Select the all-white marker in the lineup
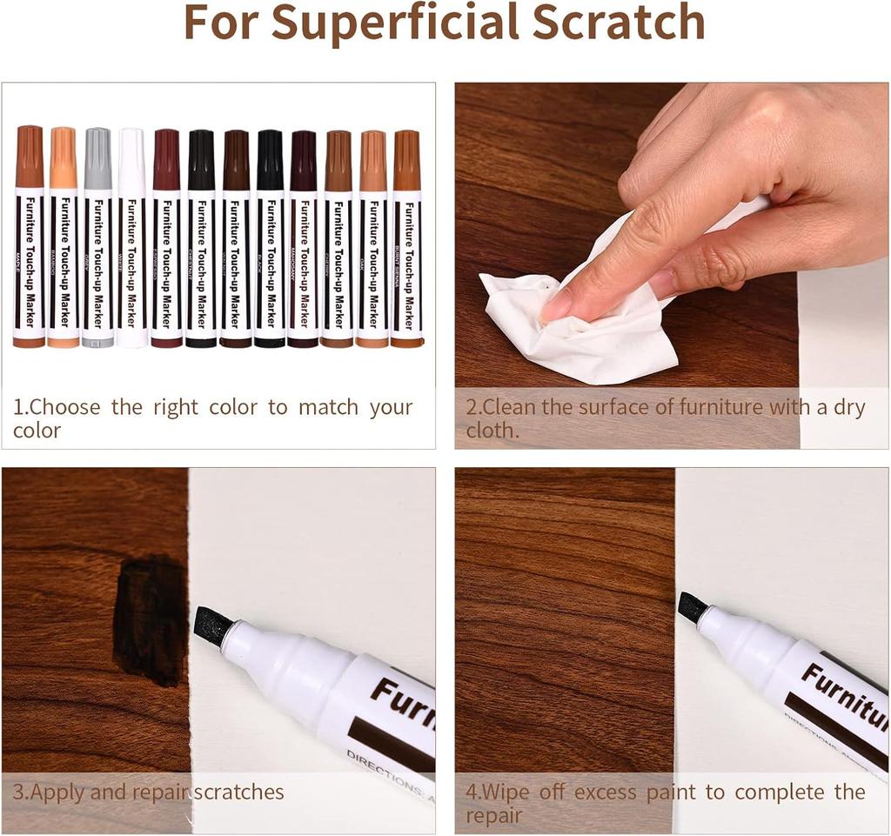coord(132,244)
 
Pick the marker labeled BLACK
coord(270,244)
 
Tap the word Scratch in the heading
coord(619,23)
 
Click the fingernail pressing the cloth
coord(555,305)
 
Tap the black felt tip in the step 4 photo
coord(693,606)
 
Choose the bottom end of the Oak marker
coord(372,343)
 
